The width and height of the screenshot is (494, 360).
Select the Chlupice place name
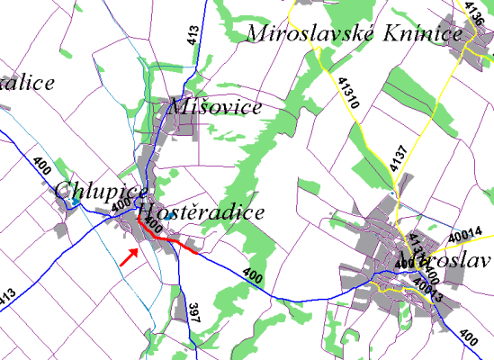(88, 190)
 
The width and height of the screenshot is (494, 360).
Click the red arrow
(129, 256)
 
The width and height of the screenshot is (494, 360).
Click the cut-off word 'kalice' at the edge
(27, 83)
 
